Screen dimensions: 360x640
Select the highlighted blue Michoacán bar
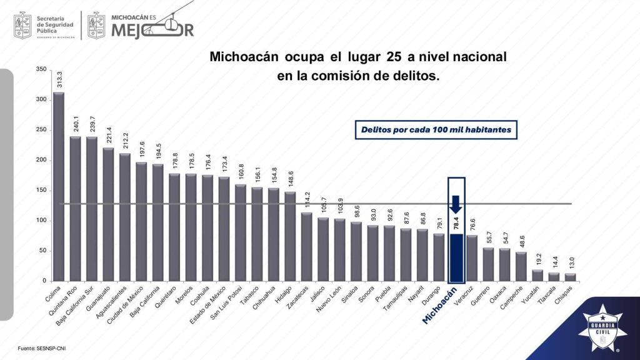click(456, 257)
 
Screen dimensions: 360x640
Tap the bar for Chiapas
click(570, 277)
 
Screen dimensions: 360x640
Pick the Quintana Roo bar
click(76, 209)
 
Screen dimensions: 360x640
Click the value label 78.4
click(456, 223)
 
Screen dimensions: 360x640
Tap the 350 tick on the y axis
click(41, 69)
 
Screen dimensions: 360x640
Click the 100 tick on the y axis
click(41, 221)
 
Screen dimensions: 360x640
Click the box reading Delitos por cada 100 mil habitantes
click(436, 130)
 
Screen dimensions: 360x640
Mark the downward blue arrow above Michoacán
click(456, 204)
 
